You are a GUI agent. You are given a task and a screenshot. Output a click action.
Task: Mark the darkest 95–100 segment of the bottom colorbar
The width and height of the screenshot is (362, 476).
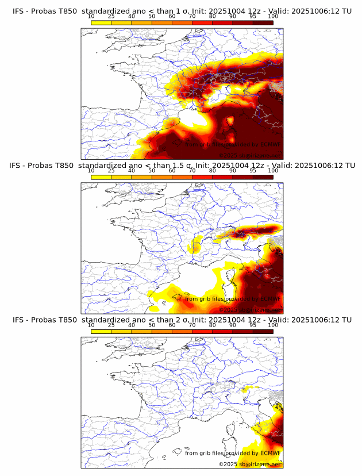pos(263,331)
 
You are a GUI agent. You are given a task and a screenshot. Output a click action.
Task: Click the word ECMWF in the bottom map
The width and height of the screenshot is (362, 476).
pos(270,453)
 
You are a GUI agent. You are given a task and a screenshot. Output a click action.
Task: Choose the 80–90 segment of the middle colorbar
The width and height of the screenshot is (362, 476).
pos(222,177)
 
